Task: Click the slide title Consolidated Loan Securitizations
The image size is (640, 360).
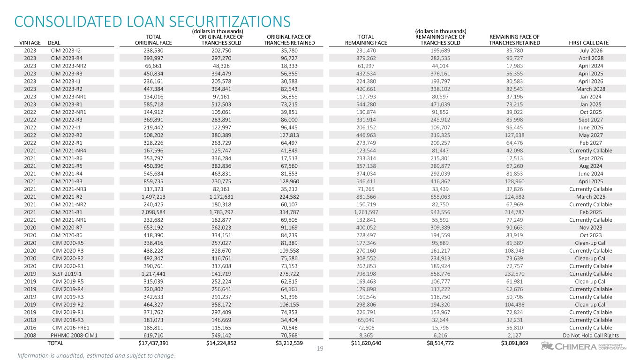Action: click(152, 22)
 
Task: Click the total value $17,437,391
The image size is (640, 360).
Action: click(150, 343)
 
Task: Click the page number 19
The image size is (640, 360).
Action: click(320, 349)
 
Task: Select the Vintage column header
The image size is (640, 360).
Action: click(30, 43)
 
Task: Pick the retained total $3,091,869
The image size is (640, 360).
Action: click(514, 343)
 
